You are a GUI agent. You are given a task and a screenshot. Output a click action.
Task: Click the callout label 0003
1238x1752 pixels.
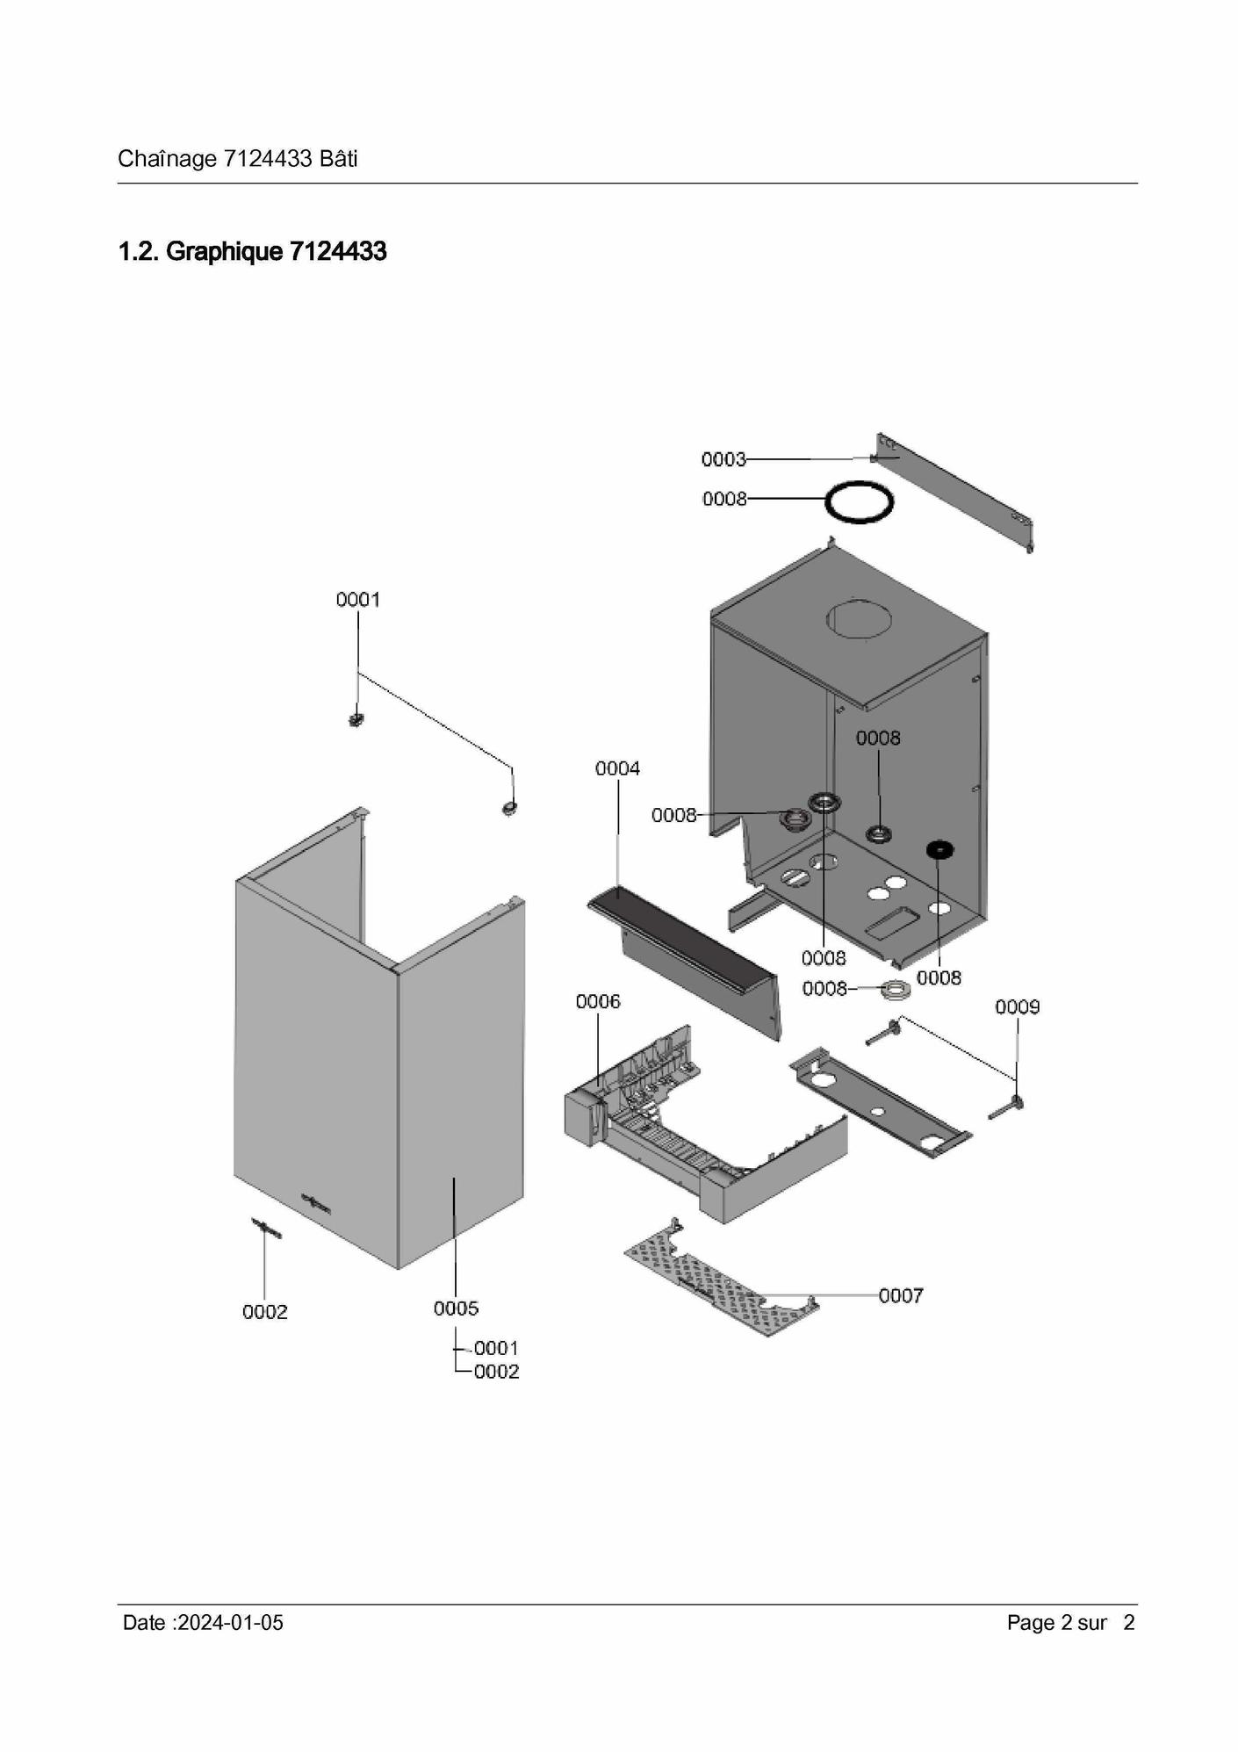pyautogui.click(x=723, y=459)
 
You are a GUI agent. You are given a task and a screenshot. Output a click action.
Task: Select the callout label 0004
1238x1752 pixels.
pyautogui.click(x=617, y=768)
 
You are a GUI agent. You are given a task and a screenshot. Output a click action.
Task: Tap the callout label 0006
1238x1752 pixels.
pyautogui.click(x=598, y=1001)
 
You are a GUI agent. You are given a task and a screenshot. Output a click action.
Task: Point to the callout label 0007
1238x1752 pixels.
pyautogui.click(x=901, y=1295)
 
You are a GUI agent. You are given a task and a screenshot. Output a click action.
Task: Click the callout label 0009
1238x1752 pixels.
pyautogui.click(x=1017, y=1006)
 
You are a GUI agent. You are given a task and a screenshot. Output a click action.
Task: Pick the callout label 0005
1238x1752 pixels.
pyautogui.click(x=456, y=1309)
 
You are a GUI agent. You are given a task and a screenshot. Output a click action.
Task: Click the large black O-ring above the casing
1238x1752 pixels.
pyautogui.click(x=859, y=502)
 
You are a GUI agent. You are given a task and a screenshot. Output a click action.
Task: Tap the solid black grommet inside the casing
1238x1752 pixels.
pyautogui.click(x=940, y=849)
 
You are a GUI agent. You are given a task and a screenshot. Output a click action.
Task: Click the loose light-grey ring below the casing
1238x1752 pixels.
pyautogui.click(x=895, y=989)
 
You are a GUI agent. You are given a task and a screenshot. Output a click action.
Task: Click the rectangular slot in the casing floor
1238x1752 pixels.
pyautogui.click(x=893, y=921)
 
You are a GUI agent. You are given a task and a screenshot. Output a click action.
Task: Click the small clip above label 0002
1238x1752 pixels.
pyautogui.click(x=267, y=1229)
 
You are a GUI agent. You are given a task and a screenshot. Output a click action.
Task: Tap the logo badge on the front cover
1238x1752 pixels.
pyautogui.click(x=317, y=1202)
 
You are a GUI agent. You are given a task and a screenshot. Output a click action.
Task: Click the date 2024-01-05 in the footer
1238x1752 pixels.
pyautogui.click(x=230, y=1623)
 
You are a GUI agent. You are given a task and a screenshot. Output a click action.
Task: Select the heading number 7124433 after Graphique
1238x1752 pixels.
pyautogui.click(x=338, y=252)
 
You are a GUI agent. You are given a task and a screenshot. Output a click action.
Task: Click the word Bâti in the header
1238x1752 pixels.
pyautogui.click(x=338, y=159)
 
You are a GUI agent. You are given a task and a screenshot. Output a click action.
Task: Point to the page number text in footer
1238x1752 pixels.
pyautogui.click(x=1071, y=1623)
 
